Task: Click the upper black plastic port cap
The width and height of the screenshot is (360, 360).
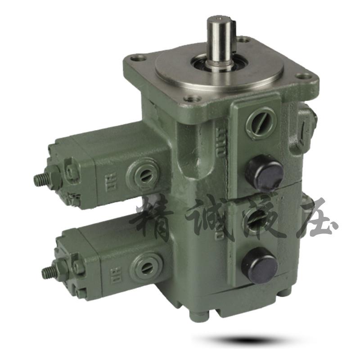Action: click(x=265, y=172)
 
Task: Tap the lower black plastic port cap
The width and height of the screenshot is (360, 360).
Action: click(x=260, y=265)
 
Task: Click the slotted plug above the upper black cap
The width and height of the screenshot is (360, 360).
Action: click(x=261, y=122)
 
